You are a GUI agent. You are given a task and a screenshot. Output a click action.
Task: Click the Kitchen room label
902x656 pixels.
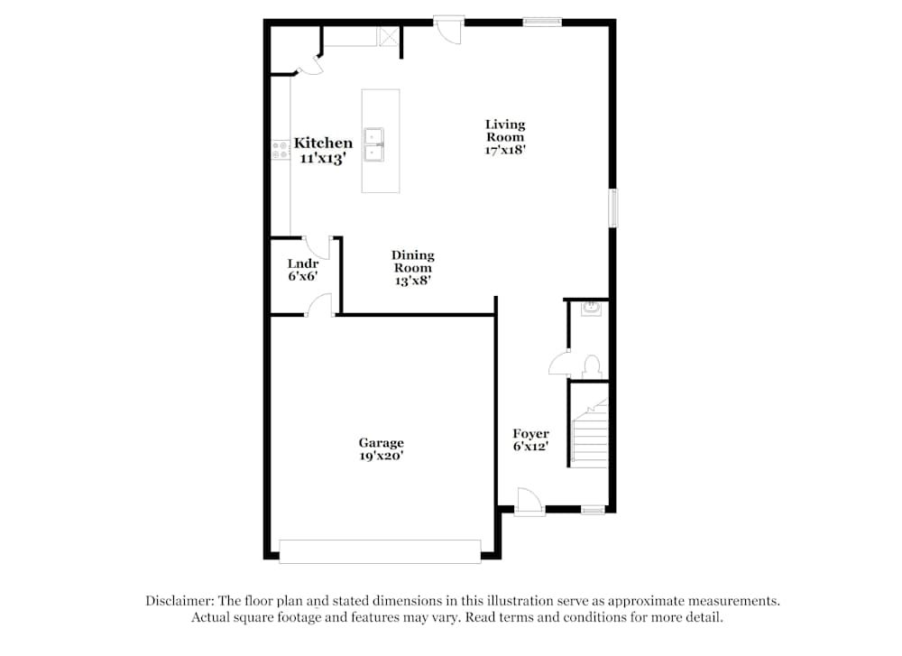(x=323, y=143)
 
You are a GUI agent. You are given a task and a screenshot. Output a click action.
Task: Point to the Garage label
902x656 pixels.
(x=381, y=443)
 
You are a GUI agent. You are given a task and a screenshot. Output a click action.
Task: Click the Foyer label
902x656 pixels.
(x=530, y=434)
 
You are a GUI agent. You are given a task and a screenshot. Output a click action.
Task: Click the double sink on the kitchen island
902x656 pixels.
(x=375, y=144)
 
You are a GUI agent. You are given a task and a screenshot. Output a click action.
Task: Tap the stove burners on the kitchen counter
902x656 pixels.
(x=280, y=150)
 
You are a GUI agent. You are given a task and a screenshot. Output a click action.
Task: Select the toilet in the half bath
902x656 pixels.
(x=592, y=365)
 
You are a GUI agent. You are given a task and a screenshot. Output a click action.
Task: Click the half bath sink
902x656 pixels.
(x=592, y=309)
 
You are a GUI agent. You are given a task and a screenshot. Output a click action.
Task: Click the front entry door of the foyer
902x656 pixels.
(x=529, y=501)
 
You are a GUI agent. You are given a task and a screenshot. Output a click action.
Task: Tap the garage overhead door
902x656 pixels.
(x=380, y=551)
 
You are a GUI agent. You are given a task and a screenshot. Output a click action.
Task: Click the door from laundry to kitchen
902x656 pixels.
(x=318, y=245)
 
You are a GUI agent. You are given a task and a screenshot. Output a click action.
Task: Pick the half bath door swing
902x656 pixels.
(x=559, y=363)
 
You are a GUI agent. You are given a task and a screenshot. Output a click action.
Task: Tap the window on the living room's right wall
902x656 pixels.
(x=612, y=208)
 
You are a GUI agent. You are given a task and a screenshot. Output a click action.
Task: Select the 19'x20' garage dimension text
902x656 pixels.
(x=381, y=457)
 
